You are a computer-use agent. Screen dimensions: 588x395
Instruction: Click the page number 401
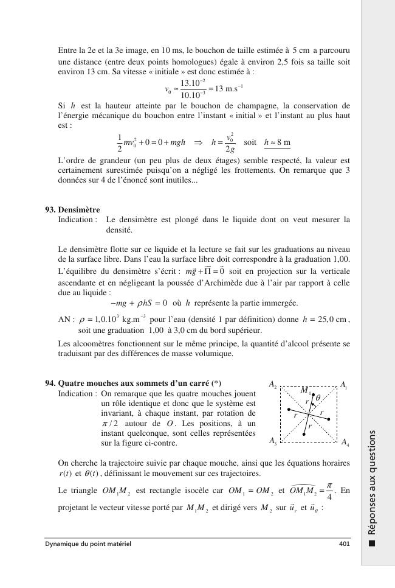(345, 544)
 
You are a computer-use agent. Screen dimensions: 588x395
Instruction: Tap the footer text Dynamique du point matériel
(88, 544)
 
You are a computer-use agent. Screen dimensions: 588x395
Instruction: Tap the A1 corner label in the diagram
(344, 385)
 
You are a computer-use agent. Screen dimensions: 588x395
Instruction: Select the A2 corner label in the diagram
(273, 385)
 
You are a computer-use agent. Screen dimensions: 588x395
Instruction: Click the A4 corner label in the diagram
(344, 442)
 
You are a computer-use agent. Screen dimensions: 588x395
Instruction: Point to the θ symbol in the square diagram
(318, 398)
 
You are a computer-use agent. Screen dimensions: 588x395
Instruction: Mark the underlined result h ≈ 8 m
(278, 142)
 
